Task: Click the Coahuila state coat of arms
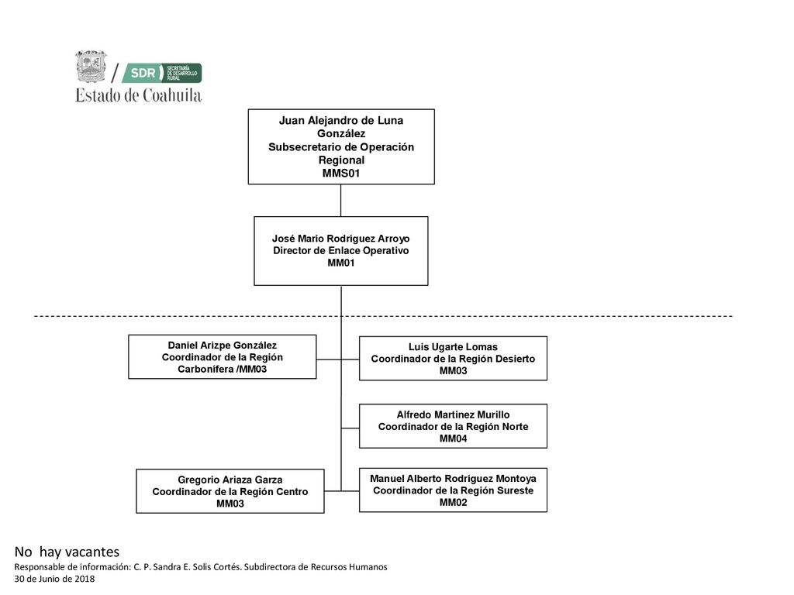tap(91, 67)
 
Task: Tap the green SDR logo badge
tap(162, 73)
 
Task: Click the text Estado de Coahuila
tap(139, 95)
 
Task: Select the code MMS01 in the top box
tap(341, 173)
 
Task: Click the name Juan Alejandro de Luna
tap(341, 120)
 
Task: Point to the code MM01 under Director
tap(341, 263)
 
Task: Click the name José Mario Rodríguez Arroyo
tap(341, 239)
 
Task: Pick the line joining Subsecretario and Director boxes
tap(341, 201)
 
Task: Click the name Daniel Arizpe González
tap(223, 345)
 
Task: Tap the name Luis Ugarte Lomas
tap(453, 346)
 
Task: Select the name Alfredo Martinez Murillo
tap(453, 414)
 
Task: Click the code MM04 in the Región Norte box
tap(453, 439)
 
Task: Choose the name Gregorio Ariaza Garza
tap(230, 480)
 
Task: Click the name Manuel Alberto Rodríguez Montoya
tap(453, 478)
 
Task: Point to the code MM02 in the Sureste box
tap(453, 502)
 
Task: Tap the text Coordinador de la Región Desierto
tap(453, 359)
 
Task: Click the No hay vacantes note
tap(67, 552)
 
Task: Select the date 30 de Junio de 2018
tap(54, 579)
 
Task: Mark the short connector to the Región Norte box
tap(350, 428)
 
